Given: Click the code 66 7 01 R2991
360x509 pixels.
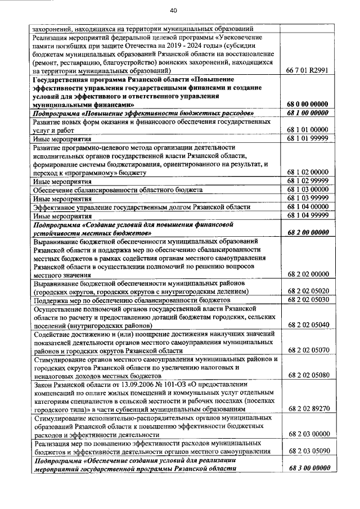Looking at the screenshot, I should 307,71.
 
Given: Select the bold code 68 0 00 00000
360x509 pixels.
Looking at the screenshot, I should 307,104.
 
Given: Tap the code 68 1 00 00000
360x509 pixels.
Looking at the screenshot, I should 307,113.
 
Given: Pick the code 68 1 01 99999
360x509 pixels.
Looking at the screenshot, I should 307,138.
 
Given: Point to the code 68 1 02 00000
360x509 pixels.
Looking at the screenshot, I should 307,172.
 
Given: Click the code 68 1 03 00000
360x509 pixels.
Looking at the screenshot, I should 307,190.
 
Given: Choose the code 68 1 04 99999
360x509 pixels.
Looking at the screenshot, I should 307,215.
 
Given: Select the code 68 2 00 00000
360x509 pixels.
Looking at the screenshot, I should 307,232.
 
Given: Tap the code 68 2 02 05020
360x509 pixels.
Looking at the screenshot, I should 307,291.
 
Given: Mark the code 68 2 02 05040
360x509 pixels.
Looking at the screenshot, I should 307,325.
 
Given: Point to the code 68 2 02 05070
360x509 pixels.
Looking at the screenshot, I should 307,350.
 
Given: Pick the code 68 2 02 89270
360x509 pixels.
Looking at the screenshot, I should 307,409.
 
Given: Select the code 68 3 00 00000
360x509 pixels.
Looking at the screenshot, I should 307,468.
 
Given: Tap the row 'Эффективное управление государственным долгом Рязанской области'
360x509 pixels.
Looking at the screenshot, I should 141,207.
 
